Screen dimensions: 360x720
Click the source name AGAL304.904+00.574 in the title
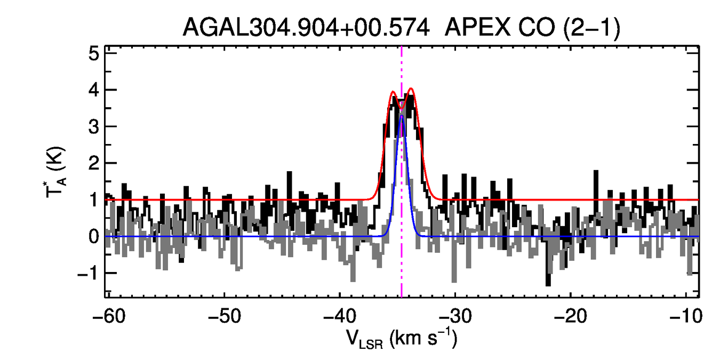(x=306, y=27)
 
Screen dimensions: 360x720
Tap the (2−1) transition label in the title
(x=591, y=27)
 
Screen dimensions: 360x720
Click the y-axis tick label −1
(x=88, y=273)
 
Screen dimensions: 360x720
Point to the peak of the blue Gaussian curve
(x=402, y=116)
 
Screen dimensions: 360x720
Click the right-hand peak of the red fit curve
(x=411, y=89)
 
